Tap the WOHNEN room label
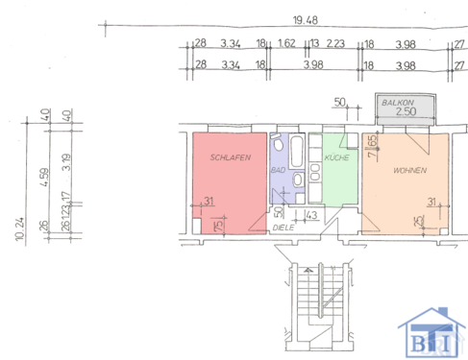[410, 169]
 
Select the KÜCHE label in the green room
[336, 156]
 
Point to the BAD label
[279, 170]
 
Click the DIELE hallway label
[283, 228]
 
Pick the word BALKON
[397, 102]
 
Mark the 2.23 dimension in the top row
[335, 43]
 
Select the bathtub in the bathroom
[295, 152]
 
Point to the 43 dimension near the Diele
[311, 214]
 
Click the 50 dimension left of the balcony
[339, 101]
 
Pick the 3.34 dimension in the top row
[230, 43]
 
